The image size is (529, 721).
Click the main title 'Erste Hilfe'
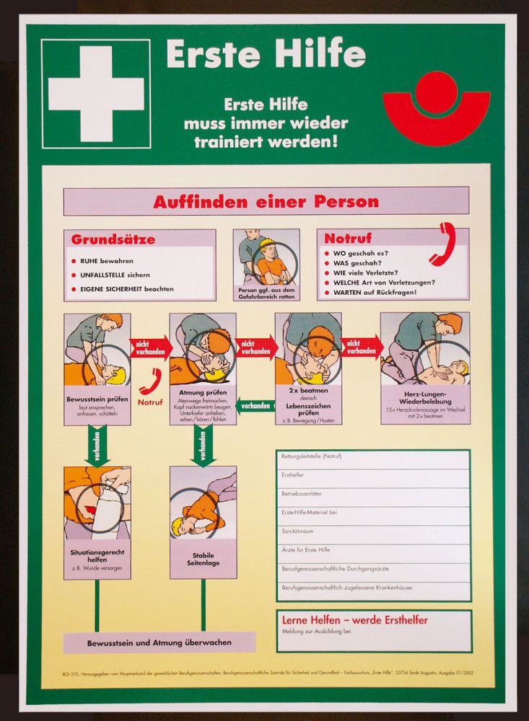266,55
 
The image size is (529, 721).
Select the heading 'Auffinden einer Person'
266,202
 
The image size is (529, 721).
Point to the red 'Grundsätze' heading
113,239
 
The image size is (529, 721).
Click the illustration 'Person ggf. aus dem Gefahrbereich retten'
266,260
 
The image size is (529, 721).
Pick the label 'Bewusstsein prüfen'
97,397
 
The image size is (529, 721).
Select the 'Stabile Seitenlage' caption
203,559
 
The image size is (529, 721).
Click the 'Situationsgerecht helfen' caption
97,555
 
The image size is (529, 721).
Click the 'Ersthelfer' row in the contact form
374,475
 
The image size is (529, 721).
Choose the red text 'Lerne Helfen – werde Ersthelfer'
354,620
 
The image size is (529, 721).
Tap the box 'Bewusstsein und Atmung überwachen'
159,642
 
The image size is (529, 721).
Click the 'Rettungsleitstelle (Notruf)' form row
374,456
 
